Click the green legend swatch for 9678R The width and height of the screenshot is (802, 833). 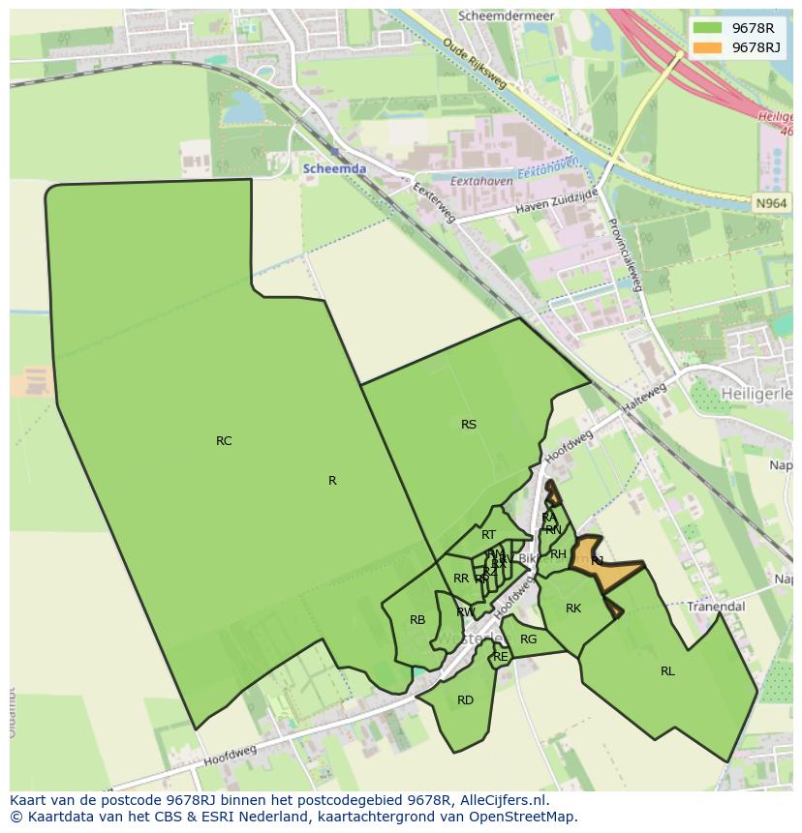[707, 28]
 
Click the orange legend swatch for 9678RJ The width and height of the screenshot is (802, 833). [707, 47]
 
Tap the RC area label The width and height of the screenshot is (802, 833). [224, 441]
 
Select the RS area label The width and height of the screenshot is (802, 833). [469, 425]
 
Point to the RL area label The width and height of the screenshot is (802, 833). [667, 671]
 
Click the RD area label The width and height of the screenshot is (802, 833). [465, 700]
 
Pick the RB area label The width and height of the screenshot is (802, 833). [417, 620]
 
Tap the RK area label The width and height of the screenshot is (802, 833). [573, 609]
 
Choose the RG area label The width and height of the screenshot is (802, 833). [528, 640]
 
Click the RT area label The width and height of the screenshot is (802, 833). [488, 535]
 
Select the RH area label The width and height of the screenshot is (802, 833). [558, 554]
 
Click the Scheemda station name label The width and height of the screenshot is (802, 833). [334, 168]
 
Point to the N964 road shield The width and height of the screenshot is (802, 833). [771, 202]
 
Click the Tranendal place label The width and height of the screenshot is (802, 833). [716, 607]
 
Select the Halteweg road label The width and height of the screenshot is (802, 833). [645, 399]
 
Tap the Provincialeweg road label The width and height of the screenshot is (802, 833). [625, 253]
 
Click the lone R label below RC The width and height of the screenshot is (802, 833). [332, 481]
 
